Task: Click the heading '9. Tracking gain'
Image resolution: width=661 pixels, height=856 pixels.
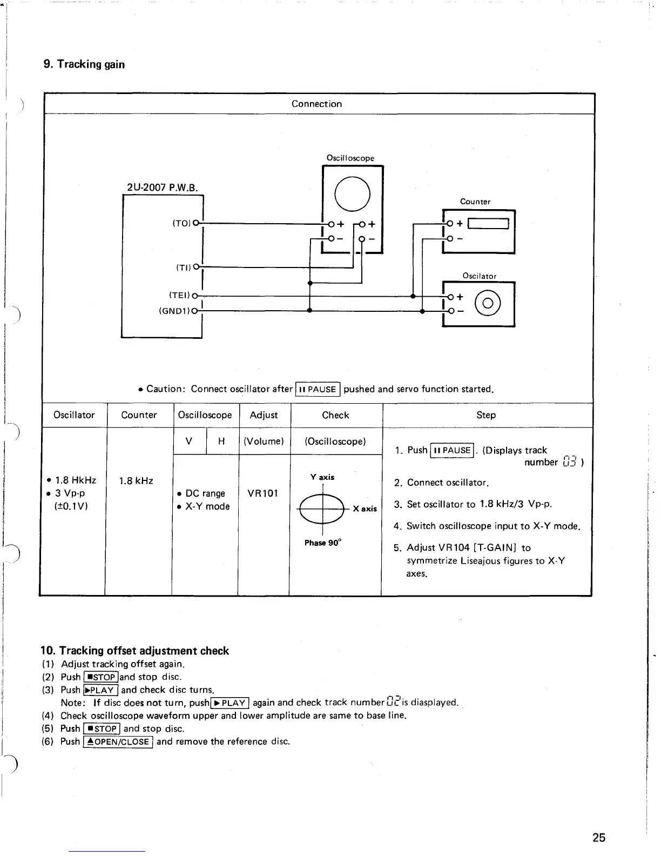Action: click(x=84, y=64)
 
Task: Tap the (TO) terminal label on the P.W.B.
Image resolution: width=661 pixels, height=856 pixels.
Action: click(x=182, y=223)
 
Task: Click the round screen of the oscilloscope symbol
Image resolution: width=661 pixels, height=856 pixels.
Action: click(x=352, y=193)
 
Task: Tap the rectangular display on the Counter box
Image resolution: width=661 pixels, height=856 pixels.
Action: click(x=488, y=223)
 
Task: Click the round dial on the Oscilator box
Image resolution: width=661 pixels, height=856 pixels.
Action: click(x=487, y=303)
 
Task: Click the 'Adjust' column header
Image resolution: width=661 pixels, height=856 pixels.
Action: click(x=264, y=415)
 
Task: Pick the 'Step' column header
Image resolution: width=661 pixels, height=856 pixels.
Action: click(x=485, y=415)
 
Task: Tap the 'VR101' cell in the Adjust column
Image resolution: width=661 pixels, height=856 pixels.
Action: click(x=262, y=493)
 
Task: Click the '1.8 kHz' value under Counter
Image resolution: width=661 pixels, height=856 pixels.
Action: click(x=136, y=480)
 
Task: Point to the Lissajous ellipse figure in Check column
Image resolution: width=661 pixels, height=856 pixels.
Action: click(x=323, y=509)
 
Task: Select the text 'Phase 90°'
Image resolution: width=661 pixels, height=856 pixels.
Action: click(x=322, y=543)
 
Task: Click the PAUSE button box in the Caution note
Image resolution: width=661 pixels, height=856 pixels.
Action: click(x=318, y=389)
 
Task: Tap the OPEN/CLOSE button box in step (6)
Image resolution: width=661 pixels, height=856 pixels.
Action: click(x=118, y=741)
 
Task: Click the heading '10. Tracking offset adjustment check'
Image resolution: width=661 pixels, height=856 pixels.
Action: click(x=135, y=651)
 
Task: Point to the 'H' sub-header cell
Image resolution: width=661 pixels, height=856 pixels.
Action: click(x=221, y=441)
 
